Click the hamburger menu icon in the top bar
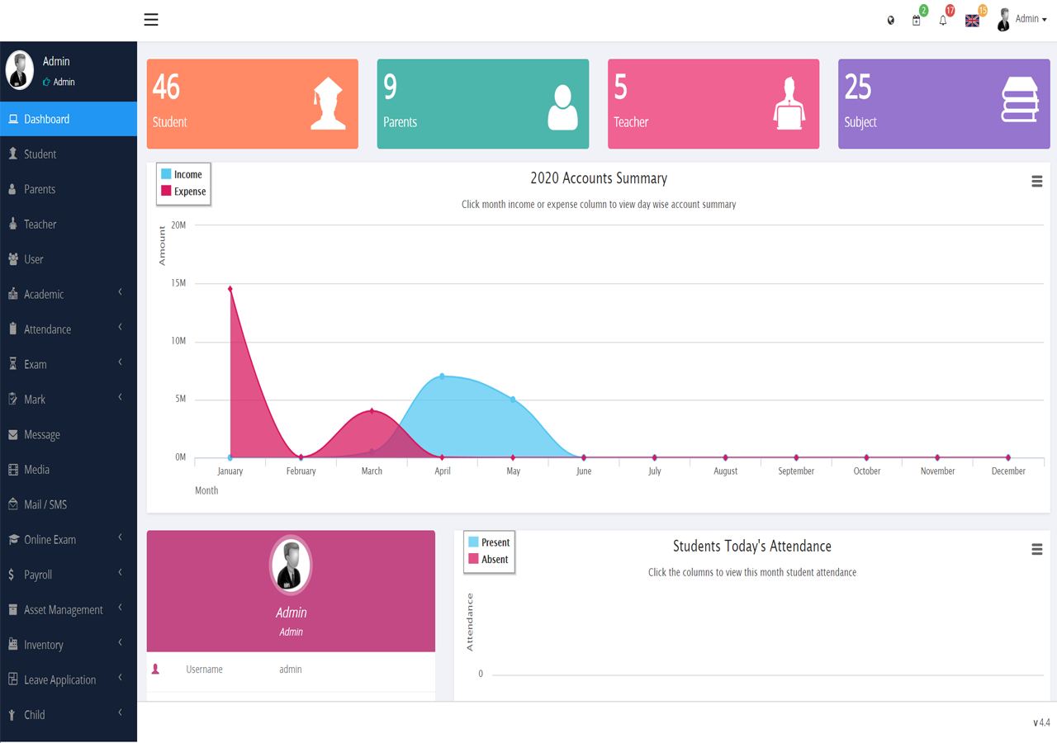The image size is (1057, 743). [x=151, y=20]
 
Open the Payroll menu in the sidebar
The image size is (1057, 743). [x=38, y=575]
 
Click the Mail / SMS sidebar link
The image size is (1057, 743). [x=45, y=504]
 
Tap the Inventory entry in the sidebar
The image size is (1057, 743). [x=43, y=645]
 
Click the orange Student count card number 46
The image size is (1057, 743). [x=167, y=88]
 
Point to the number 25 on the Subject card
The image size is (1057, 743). [x=858, y=88]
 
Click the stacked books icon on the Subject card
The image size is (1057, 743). [x=1019, y=101]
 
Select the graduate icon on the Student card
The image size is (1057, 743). [x=328, y=103]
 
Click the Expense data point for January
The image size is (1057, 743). [x=230, y=289]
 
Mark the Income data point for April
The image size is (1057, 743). [x=443, y=376]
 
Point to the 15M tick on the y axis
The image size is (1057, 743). [x=178, y=283]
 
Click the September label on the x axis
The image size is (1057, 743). [x=796, y=471]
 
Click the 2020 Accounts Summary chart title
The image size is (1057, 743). [x=599, y=178]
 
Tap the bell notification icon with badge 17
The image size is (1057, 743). [x=943, y=21]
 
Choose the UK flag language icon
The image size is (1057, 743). [x=972, y=21]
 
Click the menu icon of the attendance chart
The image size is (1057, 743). [x=1037, y=550]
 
